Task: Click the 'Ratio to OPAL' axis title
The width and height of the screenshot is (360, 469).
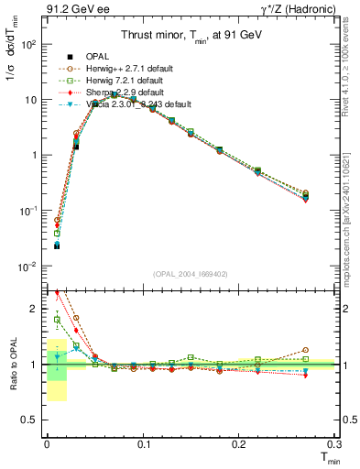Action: [12, 364]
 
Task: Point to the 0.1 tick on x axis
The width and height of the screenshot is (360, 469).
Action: [144, 443]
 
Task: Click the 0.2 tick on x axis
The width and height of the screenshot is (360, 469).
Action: [240, 443]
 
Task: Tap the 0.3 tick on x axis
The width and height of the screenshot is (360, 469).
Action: [335, 443]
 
